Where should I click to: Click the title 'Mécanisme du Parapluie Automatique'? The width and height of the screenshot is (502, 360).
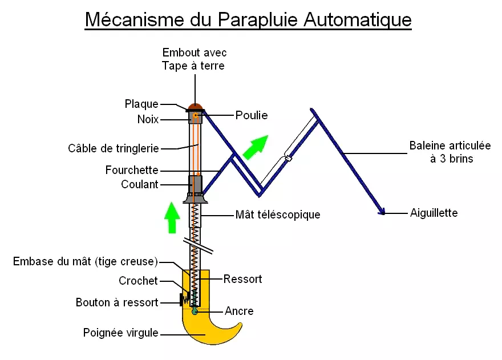[248, 19]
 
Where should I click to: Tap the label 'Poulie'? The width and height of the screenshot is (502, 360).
[252, 115]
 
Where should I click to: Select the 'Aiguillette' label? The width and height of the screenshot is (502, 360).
[434, 213]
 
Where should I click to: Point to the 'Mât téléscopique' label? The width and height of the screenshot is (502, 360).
[278, 215]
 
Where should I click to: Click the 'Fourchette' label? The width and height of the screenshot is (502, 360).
[132, 170]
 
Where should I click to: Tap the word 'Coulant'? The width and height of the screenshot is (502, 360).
[140, 184]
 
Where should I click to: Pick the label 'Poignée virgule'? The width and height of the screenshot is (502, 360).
[120, 333]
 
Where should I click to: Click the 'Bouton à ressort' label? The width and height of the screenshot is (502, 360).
[117, 302]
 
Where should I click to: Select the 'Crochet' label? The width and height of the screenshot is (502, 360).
[138, 281]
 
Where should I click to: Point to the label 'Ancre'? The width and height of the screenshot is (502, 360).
[240, 312]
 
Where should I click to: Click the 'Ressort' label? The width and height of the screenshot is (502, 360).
[243, 279]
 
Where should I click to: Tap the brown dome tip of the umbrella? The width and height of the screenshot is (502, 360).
[196, 106]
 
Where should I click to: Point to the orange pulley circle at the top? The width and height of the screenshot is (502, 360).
[195, 116]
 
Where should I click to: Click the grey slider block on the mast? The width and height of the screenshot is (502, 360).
[195, 184]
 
